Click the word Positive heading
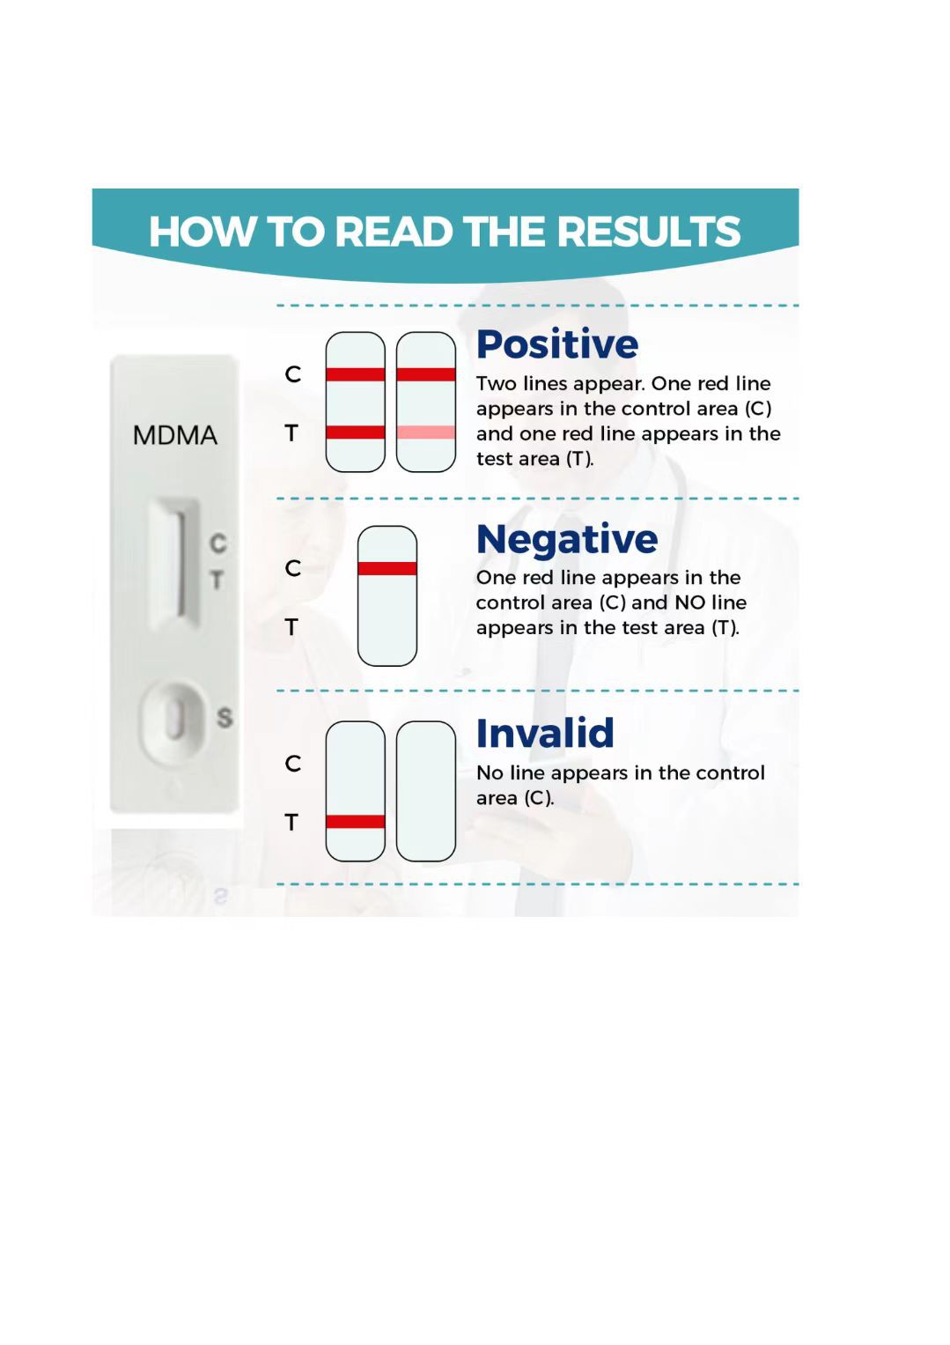pos(557,344)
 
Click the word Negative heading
pos(567,539)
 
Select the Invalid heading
pos(545,733)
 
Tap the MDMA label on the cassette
pos(174,435)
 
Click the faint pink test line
pos(426,432)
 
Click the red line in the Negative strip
pos(387,568)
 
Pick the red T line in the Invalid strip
pos(356,822)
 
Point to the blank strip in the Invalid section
pos(426,791)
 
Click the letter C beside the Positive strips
pos(293,374)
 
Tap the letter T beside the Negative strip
pos(291,627)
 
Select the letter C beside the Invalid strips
pos(293,764)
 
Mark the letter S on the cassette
pos(225,718)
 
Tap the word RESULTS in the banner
pos(649,232)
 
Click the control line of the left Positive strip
pos(356,374)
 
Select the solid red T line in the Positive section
pos(356,432)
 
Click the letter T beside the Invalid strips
pos(291,822)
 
